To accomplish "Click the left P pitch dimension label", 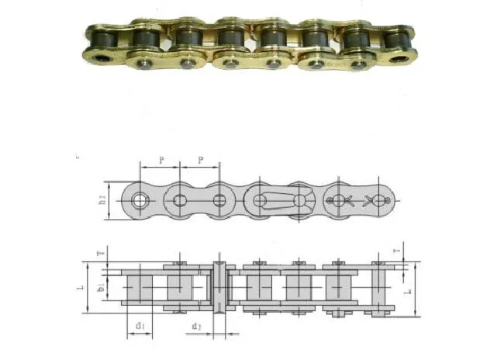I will coord(161,160).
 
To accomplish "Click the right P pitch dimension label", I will coord(201,160).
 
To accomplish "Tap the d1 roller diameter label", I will coord(140,326).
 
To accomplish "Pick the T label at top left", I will coord(98,254).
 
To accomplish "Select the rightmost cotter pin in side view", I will coord(380,200).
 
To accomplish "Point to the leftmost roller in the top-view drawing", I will coord(140,289).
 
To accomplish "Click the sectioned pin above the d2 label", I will coord(219,289).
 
